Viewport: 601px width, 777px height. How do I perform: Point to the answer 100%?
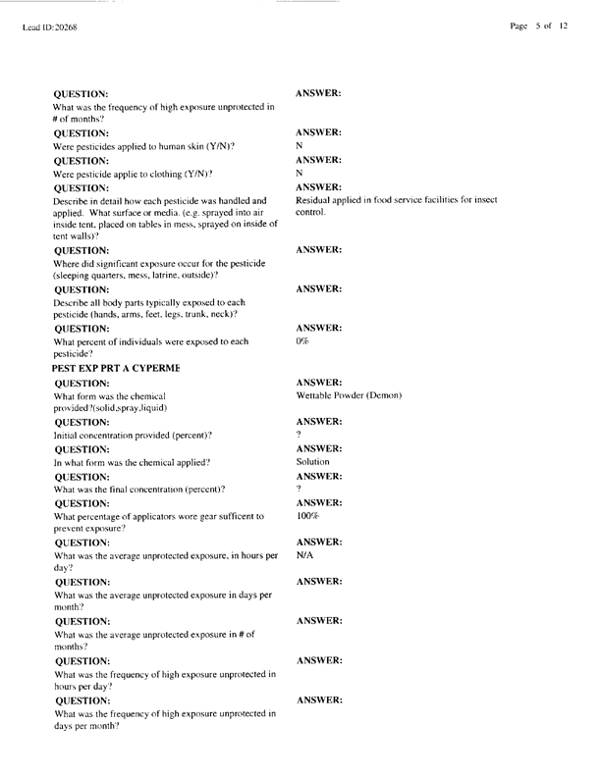tap(306, 515)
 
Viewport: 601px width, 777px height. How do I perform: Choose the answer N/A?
tap(304, 554)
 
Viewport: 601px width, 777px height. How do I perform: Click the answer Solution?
tap(312, 461)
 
